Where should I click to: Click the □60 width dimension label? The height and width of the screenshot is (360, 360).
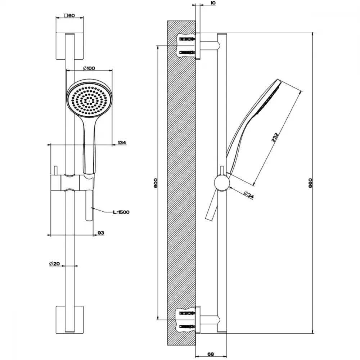pos(69,15)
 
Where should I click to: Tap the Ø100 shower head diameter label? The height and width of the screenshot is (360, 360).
pos(89,68)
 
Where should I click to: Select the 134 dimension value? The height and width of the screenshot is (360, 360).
pos(122,143)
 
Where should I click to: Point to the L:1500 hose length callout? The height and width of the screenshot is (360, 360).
pos(121,212)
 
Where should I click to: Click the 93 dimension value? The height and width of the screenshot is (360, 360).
pos(101,233)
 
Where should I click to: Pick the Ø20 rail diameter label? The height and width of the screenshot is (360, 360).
pos(54,264)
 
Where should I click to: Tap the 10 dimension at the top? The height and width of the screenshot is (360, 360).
pos(213,3)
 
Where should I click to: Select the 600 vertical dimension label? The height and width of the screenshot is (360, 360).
pos(156,183)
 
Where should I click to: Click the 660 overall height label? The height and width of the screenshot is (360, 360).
pos(310,183)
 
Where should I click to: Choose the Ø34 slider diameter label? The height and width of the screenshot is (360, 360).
pos(249,195)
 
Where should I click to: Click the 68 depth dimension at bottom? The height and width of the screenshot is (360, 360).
pos(211,354)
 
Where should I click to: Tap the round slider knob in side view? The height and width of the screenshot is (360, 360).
pos(222,183)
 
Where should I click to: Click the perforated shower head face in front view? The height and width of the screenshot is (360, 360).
pos(89,100)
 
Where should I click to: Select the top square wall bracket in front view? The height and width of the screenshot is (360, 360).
pos(70,46)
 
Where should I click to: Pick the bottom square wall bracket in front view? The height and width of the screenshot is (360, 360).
pos(70,320)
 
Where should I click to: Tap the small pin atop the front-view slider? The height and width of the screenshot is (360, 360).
pos(55,171)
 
